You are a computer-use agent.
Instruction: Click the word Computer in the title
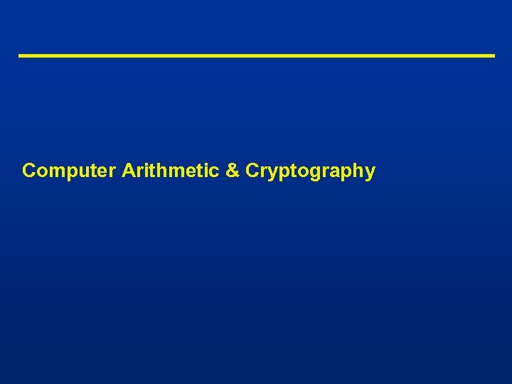tap(68, 171)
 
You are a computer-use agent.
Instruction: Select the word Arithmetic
tap(170, 171)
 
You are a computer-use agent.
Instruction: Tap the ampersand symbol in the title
tap(232, 171)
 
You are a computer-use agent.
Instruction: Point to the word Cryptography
tap(310, 171)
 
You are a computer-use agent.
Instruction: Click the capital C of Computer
tap(29, 171)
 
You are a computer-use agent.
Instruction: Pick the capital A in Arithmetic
tap(129, 171)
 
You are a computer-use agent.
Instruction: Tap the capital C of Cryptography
tap(252, 171)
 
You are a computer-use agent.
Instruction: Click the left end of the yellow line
tap(20, 55)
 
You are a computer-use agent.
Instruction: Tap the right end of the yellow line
tap(493, 55)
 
